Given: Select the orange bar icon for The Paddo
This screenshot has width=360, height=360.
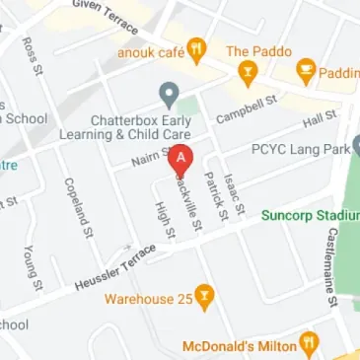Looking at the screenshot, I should pyautogui.click(x=246, y=71).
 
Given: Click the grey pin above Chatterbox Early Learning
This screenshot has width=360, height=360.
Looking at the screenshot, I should pyautogui.click(x=169, y=95).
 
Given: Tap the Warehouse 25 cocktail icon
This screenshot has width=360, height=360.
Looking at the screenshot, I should pyautogui.click(x=203, y=294).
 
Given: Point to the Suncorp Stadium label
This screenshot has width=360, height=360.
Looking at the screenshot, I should pyautogui.click(x=310, y=213).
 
